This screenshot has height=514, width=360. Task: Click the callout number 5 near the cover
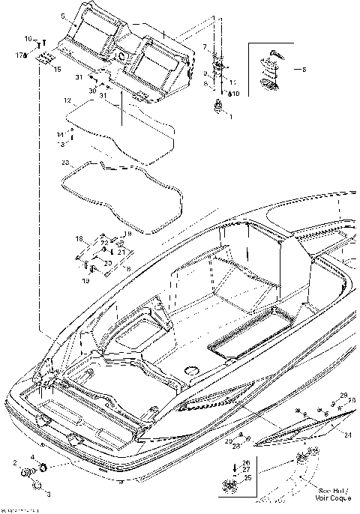(x=63, y=16)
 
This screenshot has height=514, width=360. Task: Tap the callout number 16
(x=28, y=39)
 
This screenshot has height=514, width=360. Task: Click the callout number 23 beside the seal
(x=65, y=161)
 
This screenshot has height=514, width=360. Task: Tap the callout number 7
(x=205, y=46)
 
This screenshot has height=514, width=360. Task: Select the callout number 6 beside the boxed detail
(x=304, y=70)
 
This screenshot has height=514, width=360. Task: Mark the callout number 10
(x=236, y=94)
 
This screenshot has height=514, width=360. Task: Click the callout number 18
(x=77, y=238)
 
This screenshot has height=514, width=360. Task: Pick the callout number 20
(x=107, y=263)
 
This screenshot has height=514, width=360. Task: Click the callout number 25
(x=247, y=477)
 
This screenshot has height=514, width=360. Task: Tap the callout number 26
(x=247, y=462)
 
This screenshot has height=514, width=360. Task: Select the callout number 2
(x=13, y=465)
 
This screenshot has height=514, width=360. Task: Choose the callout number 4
(x=31, y=457)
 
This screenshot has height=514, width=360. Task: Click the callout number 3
(x=49, y=495)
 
